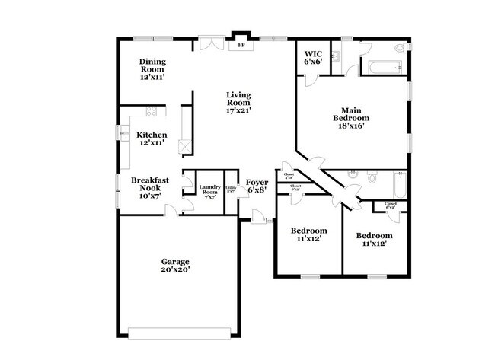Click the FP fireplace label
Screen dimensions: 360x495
[241, 46]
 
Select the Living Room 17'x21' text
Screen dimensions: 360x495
[238, 102]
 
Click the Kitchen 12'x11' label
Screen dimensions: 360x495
[152, 139]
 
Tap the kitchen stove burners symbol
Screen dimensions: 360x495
[152, 113]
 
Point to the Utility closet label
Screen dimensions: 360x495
[231, 189]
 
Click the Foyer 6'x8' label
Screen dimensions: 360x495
[255, 187]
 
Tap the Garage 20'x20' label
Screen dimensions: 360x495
[175, 264]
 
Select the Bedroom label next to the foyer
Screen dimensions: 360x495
[309, 234]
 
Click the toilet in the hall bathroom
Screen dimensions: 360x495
[372, 179]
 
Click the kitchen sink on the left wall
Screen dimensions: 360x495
[122, 135]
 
